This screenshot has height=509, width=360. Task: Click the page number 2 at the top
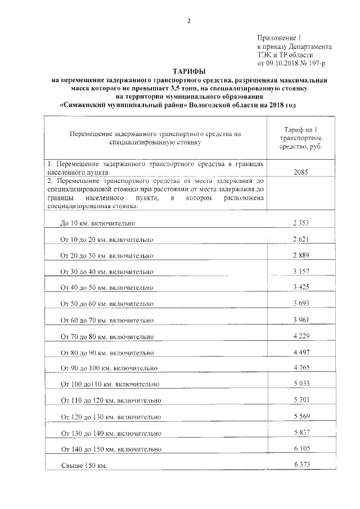click(x=189, y=21)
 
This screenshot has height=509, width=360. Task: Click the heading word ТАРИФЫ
click(x=189, y=72)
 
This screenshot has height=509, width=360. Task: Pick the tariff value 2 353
click(x=301, y=223)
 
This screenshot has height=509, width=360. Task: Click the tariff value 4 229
click(x=301, y=336)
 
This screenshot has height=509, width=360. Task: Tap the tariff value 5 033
click(x=301, y=384)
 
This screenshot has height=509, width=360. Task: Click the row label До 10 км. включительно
click(x=98, y=223)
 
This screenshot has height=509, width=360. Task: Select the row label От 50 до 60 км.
click(x=106, y=304)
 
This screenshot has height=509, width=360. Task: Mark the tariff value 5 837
click(x=301, y=432)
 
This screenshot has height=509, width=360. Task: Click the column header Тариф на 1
click(x=301, y=130)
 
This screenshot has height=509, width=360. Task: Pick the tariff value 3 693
click(x=301, y=303)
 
